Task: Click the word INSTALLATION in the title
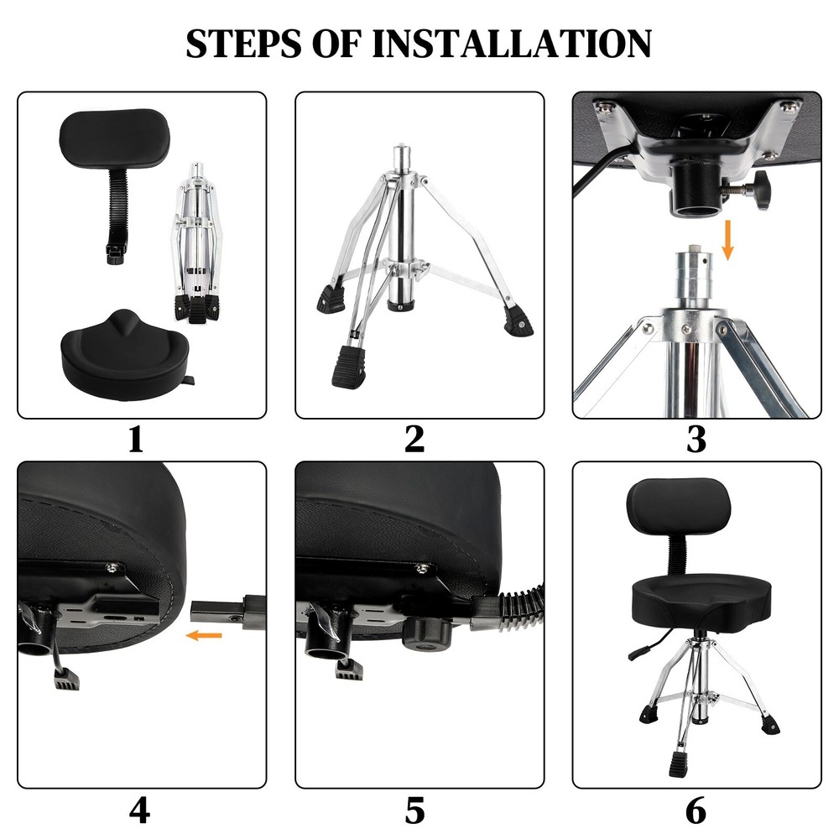pos(511,44)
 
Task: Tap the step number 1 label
pos(136,440)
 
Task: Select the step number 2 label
pos(414,440)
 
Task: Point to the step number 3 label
pos(696,440)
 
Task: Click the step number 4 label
pos(139,810)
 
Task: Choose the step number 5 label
pos(414,810)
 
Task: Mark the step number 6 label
pos(696,810)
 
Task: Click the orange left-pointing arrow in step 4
pos(204,636)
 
